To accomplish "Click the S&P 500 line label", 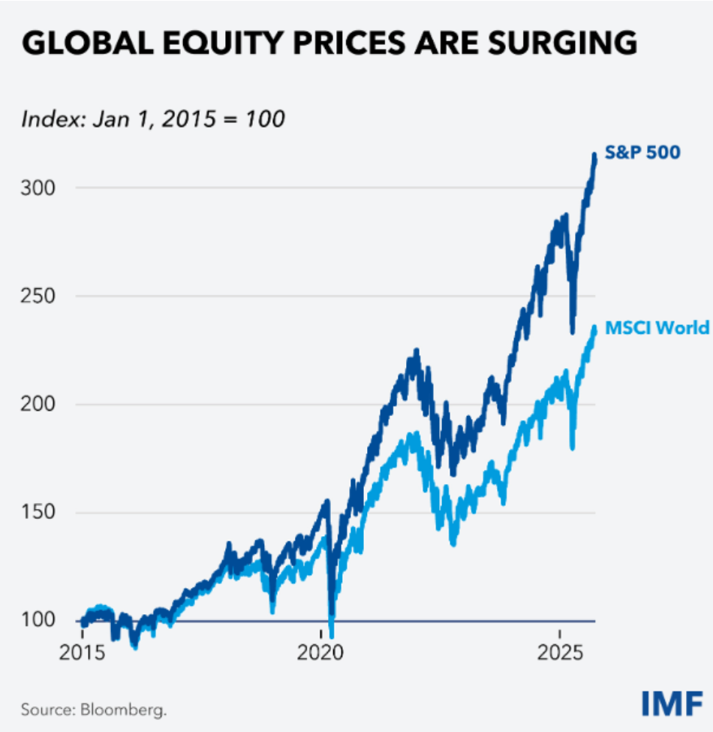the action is point(642,152).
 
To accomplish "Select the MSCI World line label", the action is point(657,328).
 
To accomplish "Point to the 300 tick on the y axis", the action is point(38,188).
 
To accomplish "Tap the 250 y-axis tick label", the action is point(38,296).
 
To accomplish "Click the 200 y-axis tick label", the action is point(38,404).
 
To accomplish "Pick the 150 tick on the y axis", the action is point(38,512).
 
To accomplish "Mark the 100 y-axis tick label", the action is point(38,620).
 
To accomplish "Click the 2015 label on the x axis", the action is point(82,652).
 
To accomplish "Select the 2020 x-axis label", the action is point(320,652).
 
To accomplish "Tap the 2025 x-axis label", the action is point(560,652).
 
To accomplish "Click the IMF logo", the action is point(672,703).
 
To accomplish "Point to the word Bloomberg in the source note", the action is point(124,710).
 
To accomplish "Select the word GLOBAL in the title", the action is point(88,43).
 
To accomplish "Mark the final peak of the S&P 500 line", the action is point(594,155).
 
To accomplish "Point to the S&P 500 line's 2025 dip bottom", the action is point(573,332).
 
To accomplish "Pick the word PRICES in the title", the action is point(350,43).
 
